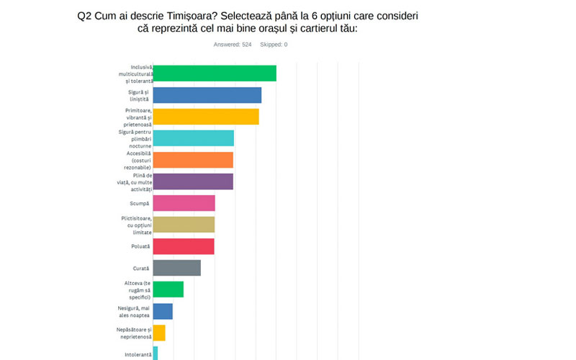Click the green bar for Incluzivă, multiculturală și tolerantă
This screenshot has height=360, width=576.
[x=215, y=73]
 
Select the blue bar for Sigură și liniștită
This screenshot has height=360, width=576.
[x=207, y=95]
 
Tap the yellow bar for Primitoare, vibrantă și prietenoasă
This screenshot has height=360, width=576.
[x=206, y=117]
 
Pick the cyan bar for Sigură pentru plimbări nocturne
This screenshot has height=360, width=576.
[x=194, y=138]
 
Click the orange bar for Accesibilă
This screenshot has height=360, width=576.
[x=193, y=160]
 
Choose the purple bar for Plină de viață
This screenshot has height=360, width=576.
[x=193, y=181]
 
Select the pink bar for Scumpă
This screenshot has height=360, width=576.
[x=184, y=203]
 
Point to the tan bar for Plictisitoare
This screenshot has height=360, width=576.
[x=184, y=225]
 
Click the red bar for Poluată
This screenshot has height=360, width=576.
[x=184, y=246]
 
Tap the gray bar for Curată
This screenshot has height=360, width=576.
[x=177, y=268]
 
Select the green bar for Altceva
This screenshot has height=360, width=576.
[x=168, y=289]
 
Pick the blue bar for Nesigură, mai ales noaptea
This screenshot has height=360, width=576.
[x=163, y=311]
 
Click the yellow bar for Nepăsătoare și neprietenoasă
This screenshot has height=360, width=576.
[x=159, y=333]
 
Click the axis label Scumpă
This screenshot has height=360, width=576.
[x=140, y=203]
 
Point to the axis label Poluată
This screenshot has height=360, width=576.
[x=140, y=246]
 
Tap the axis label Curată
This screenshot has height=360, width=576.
[x=141, y=268]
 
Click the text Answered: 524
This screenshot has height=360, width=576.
[x=233, y=45]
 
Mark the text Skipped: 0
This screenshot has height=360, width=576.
[x=274, y=45]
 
